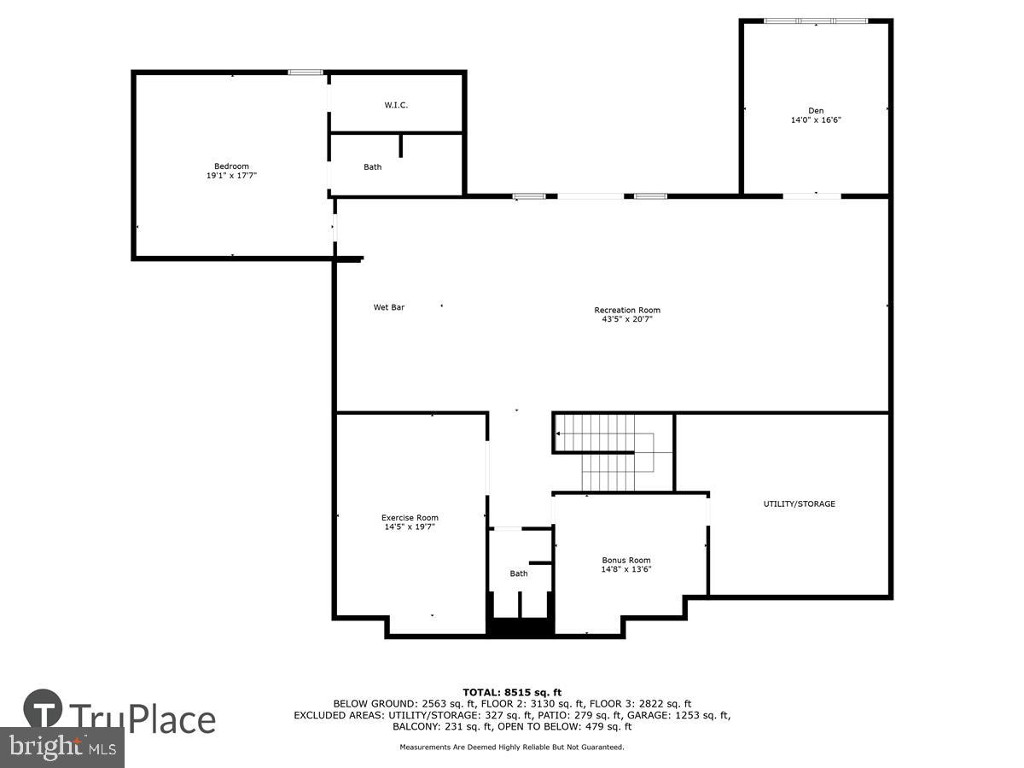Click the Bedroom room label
coord(231,166)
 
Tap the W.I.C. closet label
coord(396,105)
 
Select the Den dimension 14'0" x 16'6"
coord(817,120)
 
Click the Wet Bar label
coord(389,307)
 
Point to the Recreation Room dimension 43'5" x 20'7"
coord(627,319)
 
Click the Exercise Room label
coord(410,517)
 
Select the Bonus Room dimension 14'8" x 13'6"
coord(626,569)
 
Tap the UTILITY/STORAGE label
coord(799,503)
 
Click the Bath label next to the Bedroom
coord(373,167)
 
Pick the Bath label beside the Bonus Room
coord(519,573)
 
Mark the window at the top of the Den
coord(816,20)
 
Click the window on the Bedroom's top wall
coord(305,73)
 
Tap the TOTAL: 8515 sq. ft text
coord(512,692)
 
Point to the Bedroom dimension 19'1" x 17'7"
coord(231,175)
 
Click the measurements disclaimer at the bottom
coord(512,747)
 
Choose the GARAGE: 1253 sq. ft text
coord(679,715)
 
